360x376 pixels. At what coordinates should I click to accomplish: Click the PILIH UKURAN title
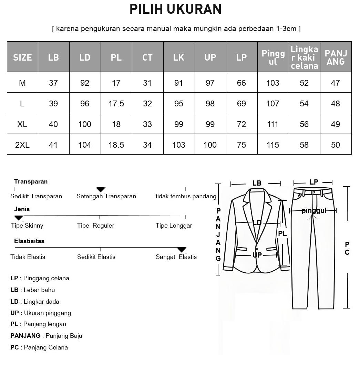(x=175, y=9)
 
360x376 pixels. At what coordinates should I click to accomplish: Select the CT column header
(x=147, y=57)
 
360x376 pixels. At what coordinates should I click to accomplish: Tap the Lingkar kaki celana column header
(x=304, y=57)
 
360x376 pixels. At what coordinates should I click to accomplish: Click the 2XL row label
(x=22, y=145)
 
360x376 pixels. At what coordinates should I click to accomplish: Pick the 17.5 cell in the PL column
(x=116, y=103)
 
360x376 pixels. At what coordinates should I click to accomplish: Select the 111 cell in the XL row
(x=272, y=124)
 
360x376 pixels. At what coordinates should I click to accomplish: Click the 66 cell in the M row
(x=241, y=83)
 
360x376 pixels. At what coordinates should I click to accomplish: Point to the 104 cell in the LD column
(x=85, y=145)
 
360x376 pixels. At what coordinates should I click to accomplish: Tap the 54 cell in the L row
(x=304, y=103)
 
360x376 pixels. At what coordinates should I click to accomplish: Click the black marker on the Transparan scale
(x=100, y=189)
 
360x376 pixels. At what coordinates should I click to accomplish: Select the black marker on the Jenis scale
(x=19, y=218)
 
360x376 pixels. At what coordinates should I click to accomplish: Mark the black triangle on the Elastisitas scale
(x=182, y=250)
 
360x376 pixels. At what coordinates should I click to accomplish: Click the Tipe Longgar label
(x=174, y=226)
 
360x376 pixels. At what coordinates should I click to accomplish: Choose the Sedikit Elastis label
(x=96, y=257)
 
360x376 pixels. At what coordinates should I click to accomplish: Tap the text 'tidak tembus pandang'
(x=186, y=196)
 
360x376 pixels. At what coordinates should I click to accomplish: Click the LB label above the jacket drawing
(x=257, y=183)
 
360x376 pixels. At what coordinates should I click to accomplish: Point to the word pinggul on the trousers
(x=313, y=210)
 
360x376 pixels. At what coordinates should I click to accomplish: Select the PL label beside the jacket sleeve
(x=282, y=233)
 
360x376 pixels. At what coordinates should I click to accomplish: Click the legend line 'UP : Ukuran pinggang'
(x=41, y=313)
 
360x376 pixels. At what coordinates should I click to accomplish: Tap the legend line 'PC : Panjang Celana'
(x=39, y=347)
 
